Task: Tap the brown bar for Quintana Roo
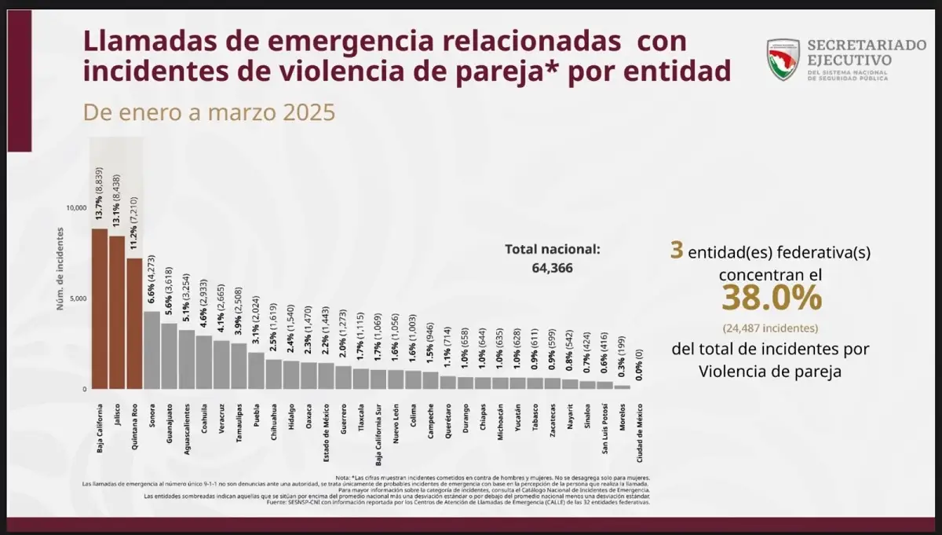(134, 324)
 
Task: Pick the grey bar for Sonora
(152, 350)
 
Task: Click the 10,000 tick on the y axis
(75, 208)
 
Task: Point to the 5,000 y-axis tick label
(78, 299)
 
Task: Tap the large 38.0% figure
(772, 299)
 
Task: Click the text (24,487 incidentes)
(772, 328)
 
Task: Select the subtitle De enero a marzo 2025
(210, 112)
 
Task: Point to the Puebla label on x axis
(255, 416)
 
